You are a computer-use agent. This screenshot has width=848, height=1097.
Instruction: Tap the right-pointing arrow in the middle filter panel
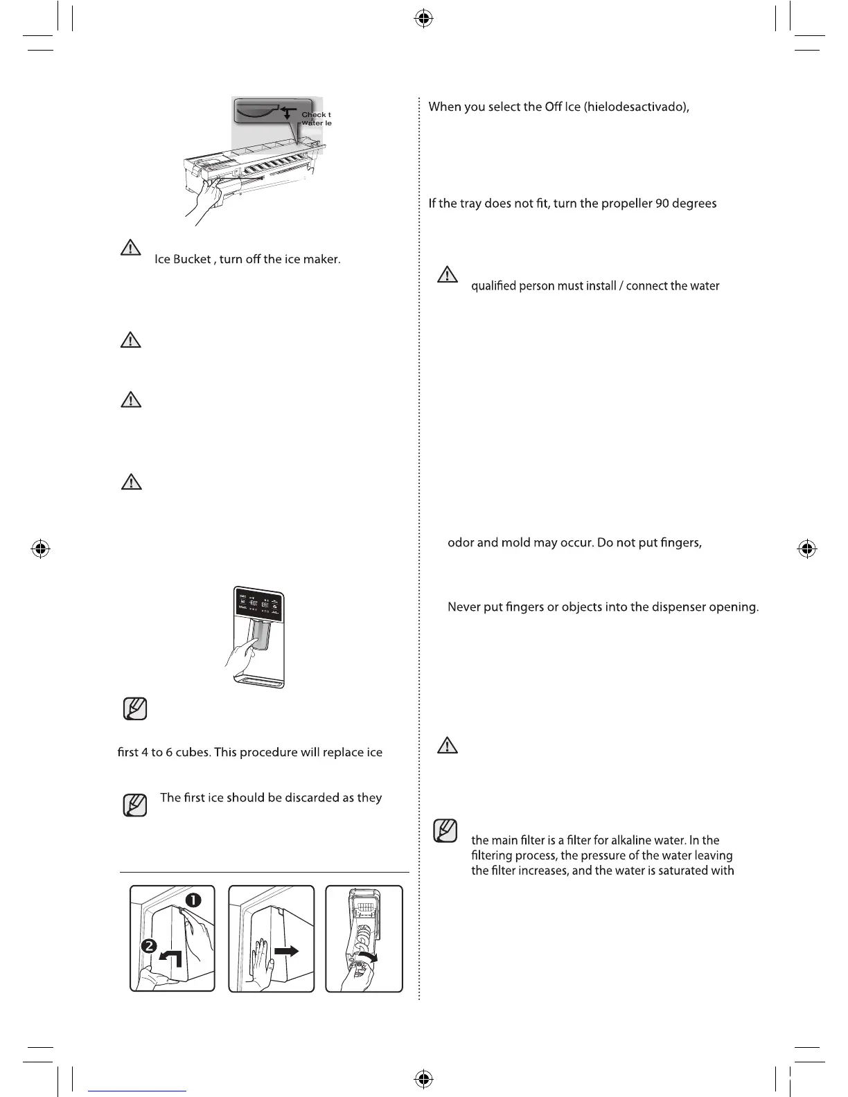pos(287,951)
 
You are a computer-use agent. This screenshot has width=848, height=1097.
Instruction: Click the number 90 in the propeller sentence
pos(662,204)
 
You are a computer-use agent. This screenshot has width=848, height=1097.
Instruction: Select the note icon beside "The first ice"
pos(134,805)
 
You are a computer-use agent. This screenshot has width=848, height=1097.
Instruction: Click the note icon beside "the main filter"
pos(445,830)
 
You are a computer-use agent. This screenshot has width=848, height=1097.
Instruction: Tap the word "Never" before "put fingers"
pos(464,607)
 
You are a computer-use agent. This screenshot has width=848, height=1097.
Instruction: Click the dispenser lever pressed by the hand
pos(263,635)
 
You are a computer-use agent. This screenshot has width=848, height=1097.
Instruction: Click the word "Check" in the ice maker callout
pos(314,115)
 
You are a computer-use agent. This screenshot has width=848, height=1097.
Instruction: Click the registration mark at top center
pos(424,19)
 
